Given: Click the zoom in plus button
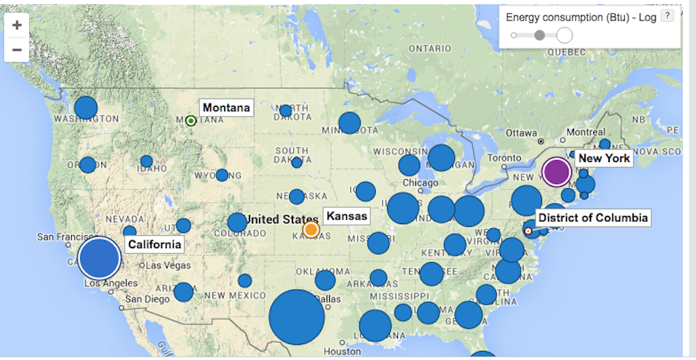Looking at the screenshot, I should click(x=17, y=25).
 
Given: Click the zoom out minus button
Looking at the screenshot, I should click(x=17, y=50).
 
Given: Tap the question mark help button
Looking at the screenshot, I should click(x=666, y=17).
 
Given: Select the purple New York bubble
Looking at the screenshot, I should click(x=557, y=172).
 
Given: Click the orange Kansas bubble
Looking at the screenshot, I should click(x=311, y=229).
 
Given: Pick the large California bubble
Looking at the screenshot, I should click(x=99, y=258).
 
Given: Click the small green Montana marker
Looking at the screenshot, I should click(x=191, y=121).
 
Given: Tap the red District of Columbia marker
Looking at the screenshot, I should click(x=528, y=231).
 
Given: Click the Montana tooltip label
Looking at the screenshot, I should click(x=226, y=108).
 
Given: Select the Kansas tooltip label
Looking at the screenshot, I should click(x=346, y=216).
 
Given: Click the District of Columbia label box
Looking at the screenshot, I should click(x=593, y=218).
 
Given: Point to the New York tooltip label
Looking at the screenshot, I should click(x=604, y=158).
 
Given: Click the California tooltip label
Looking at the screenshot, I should click(x=155, y=244).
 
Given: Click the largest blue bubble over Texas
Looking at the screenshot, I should click(x=297, y=317).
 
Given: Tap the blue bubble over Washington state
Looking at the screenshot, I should click(x=86, y=108).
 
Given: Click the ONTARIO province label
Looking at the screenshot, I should click(x=429, y=49).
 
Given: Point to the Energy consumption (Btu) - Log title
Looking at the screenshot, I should click(x=581, y=17).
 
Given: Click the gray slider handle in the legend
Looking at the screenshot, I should click(x=539, y=34).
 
